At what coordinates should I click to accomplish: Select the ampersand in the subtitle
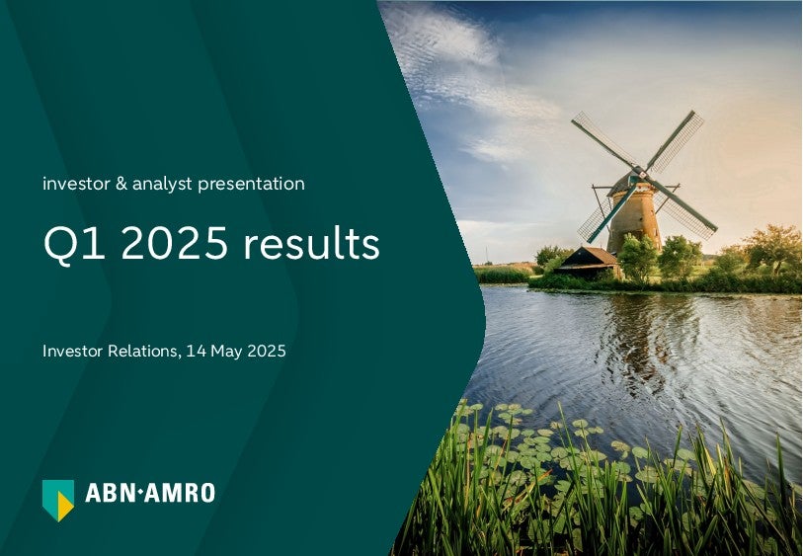click(x=121, y=184)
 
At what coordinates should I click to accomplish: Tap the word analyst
click(x=162, y=185)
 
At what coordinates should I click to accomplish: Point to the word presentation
click(x=252, y=185)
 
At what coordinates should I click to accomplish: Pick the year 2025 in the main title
click(x=174, y=243)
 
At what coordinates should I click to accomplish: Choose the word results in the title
click(x=311, y=243)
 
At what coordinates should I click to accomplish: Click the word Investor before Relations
click(x=73, y=352)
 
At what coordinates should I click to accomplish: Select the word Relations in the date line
click(x=144, y=352)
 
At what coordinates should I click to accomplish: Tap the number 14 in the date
click(x=196, y=352)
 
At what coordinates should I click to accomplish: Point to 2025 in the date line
click(x=267, y=352)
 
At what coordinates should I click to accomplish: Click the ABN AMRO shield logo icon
click(x=58, y=500)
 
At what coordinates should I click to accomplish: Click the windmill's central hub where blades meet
click(x=640, y=173)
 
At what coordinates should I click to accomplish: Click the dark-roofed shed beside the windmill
click(x=588, y=263)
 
